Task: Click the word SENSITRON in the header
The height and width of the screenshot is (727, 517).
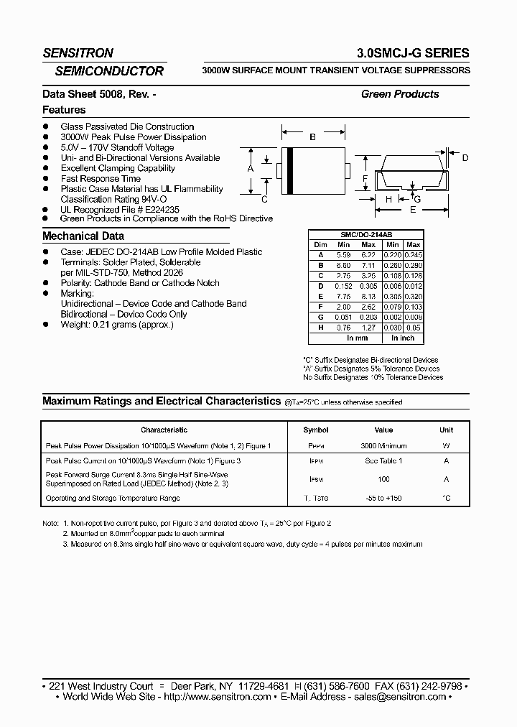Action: pyautogui.click(x=78, y=53)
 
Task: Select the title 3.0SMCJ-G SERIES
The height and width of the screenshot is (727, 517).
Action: pyautogui.click(x=413, y=53)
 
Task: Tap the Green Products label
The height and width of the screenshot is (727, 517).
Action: pyautogui.click(x=400, y=94)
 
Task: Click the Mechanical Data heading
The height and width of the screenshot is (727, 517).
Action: pyautogui.click(x=83, y=236)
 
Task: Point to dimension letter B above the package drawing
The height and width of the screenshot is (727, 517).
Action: pyautogui.click(x=312, y=136)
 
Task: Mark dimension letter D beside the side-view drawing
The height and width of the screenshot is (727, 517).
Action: pyautogui.click(x=465, y=157)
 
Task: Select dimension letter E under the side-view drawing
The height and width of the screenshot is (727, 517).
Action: pyautogui.click(x=412, y=210)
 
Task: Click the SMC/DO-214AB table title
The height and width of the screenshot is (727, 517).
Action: pyautogui.click(x=365, y=235)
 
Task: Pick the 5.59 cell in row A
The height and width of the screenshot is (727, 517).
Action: pyautogui.click(x=345, y=254)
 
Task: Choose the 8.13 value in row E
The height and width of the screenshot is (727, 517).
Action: pyautogui.click(x=368, y=295)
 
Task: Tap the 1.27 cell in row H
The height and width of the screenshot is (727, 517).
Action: pyautogui.click(x=368, y=327)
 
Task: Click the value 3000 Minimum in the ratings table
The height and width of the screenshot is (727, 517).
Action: pyautogui.click(x=383, y=446)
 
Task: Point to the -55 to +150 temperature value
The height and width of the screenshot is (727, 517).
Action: pyautogui.click(x=383, y=498)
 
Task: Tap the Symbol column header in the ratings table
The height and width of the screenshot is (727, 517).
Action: pyautogui.click(x=316, y=430)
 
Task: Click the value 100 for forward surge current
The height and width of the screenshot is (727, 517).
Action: pyautogui.click(x=383, y=479)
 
